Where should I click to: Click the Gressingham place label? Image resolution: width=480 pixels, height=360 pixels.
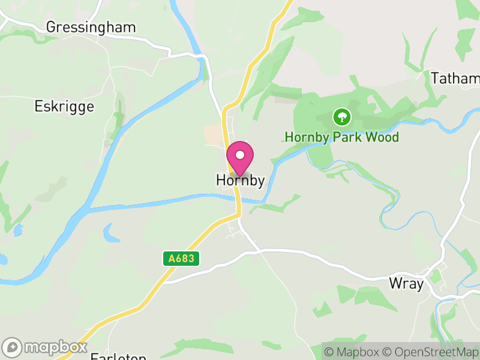(x=91, y=28)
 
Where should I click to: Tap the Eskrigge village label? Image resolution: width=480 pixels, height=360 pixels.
(x=64, y=107)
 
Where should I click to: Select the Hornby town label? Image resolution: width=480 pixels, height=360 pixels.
(x=240, y=181)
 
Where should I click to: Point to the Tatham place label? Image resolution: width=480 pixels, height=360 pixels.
(x=455, y=79)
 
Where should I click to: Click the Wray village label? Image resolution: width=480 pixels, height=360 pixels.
(x=406, y=284)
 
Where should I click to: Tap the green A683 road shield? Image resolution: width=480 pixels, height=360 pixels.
(x=181, y=259)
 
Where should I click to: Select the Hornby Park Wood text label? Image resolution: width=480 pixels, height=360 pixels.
(x=341, y=137)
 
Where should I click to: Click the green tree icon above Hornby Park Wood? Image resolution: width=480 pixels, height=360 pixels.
(x=341, y=116)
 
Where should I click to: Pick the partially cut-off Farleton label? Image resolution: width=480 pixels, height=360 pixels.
(x=118, y=356)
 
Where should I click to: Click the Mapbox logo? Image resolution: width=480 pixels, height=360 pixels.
(x=46, y=347)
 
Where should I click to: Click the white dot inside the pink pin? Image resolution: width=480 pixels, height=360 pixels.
(x=240, y=155)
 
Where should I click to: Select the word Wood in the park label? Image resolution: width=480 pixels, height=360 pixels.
(x=382, y=137)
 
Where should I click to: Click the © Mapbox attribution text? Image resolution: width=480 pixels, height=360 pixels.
(x=353, y=352)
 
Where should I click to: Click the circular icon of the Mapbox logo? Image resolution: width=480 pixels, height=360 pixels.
(x=12, y=347)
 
